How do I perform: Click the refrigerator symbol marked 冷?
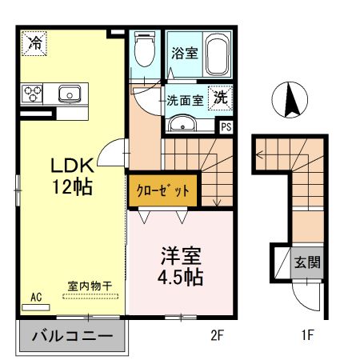(x=34, y=43)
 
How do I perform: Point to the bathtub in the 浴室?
(x=214, y=54)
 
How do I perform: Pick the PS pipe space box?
(x=227, y=125)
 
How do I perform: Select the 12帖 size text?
(x=73, y=189)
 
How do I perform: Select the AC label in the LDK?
(x=36, y=298)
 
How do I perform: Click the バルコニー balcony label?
(x=71, y=337)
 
